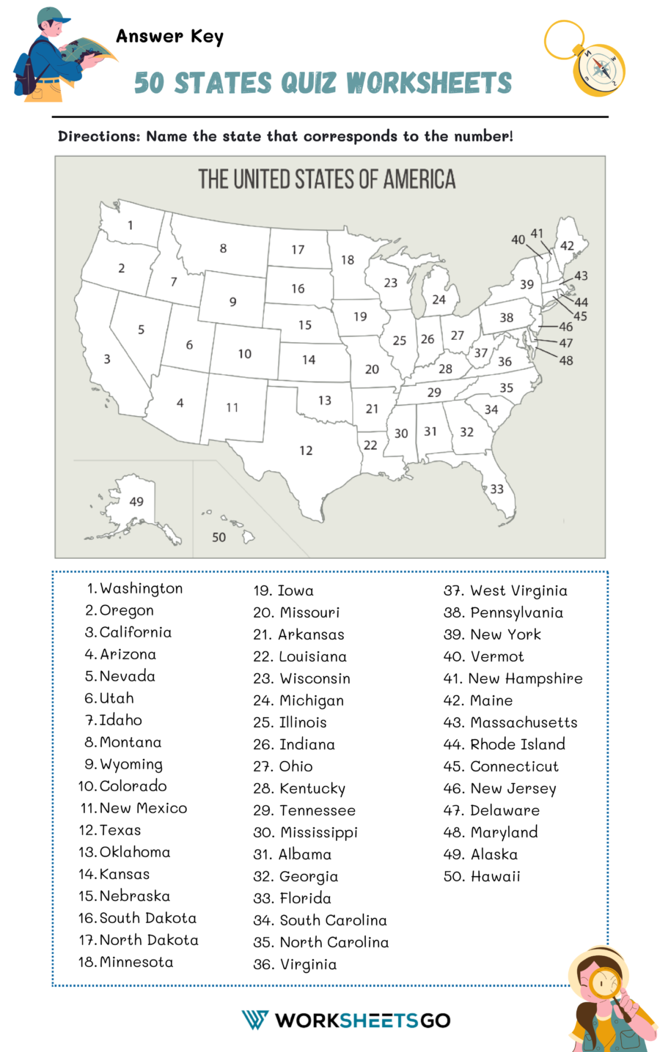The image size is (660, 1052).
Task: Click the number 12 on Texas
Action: pyautogui.click(x=306, y=451)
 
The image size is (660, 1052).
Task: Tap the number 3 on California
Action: pyautogui.click(x=107, y=359)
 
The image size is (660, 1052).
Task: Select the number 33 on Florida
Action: pyautogui.click(x=496, y=489)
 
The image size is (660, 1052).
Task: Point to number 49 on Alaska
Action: pyautogui.click(x=136, y=502)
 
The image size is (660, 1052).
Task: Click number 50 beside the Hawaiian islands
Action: pyautogui.click(x=219, y=537)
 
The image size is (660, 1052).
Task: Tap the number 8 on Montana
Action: pyautogui.click(x=223, y=248)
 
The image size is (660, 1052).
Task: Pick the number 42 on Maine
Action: pyautogui.click(x=567, y=246)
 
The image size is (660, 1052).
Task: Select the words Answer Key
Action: pyautogui.click(x=169, y=36)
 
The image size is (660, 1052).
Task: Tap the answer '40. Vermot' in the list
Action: pyautogui.click(x=483, y=656)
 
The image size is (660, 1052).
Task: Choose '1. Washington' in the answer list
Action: pyautogui.click(x=134, y=588)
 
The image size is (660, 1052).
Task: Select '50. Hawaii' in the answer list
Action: pyautogui.click(x=482, y=876)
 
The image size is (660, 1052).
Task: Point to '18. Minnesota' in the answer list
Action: pyautogui.click(x=125, y=962)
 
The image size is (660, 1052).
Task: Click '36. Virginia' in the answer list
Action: pyautogui.click(x=295, y=964)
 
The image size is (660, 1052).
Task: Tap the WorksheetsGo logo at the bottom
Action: pyautogui.click(x=345, y=1020)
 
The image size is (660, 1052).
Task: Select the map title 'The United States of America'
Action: pyautogui.click(x=327, y=179)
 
